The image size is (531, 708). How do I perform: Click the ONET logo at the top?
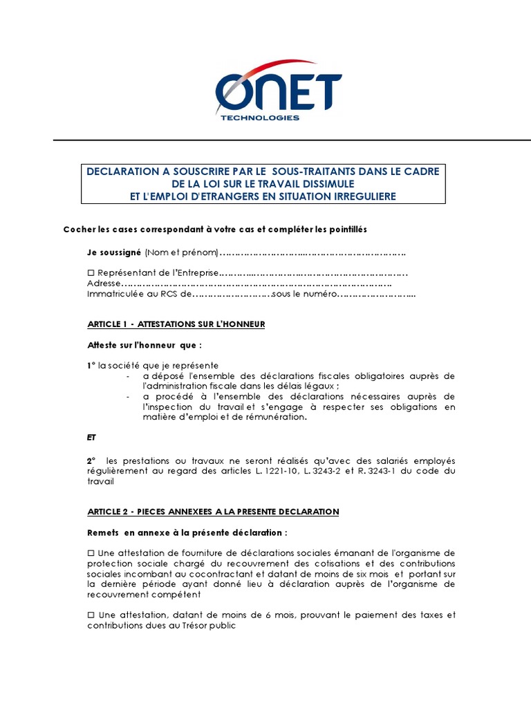(279, 89)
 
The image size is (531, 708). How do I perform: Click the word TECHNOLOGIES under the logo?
(259, 118)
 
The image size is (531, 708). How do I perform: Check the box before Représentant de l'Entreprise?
(91, 272)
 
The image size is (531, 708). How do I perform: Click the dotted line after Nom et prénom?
(312, 252)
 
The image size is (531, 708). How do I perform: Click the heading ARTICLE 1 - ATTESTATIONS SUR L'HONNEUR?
(176, 324)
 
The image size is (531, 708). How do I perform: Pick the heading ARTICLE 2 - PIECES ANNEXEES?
(213, 512)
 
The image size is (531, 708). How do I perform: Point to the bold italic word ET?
(92, 437)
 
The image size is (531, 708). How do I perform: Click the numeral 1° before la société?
(91, 364)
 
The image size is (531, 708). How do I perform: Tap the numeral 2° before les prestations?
(91, 460)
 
